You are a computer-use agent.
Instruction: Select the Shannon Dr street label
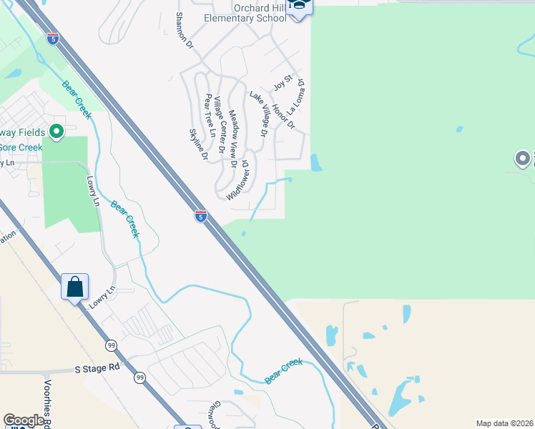click(185, 31)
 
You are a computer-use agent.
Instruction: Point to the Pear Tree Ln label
click(210, 115)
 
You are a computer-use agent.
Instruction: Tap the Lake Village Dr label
click(258, 114)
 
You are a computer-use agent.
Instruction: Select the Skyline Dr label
click(198, 144)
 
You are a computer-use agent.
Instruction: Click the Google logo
click(24, 420)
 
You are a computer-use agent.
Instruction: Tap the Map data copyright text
click(505, 423)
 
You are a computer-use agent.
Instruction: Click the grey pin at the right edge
click(524, 159)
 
